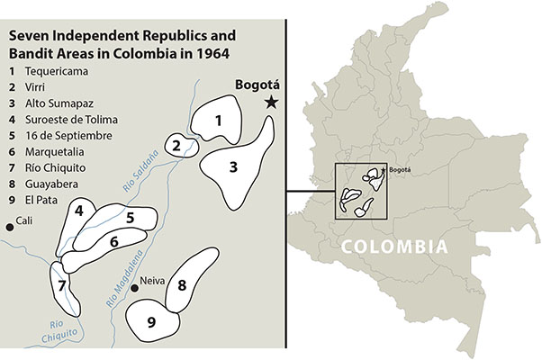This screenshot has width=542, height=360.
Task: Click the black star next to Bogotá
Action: pos(270,103)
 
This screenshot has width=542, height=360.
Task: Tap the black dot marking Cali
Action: pos(10,228)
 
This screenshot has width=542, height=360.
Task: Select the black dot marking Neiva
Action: pos(133,288)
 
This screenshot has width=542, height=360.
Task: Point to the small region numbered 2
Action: pos(178,144)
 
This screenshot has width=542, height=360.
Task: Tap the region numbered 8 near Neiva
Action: pos(182,285)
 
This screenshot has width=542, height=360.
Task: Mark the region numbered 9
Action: pos(151,320)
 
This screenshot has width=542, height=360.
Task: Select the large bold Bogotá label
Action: pos(255,86)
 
